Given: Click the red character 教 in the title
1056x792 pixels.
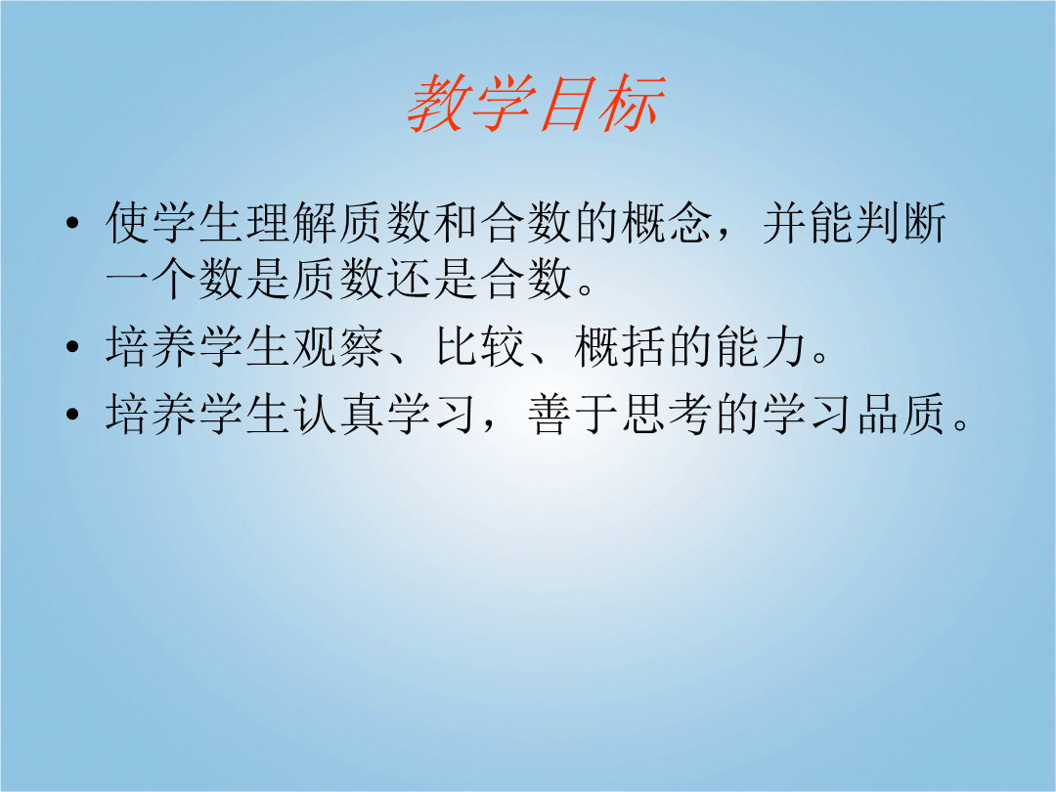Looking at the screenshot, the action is pos(438,103).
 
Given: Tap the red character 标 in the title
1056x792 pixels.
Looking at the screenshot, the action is pos(633,103).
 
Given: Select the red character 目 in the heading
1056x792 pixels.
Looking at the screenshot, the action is pos(568,103).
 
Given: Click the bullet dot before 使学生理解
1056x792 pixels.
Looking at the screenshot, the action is pos(72,223).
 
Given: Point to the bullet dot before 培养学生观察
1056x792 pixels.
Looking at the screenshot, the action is pos(72,347).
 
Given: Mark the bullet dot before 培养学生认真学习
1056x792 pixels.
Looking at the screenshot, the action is pos(72,414).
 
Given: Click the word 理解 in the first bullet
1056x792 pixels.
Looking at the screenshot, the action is pos(291,222).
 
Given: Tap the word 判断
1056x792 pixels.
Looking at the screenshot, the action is pos(902,222).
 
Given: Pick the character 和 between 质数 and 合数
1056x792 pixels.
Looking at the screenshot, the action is pos(456,222).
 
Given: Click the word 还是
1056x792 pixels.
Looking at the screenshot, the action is pos(432,279).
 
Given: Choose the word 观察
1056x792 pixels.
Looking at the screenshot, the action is pos(338,347).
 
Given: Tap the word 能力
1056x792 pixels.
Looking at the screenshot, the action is pos(761,347).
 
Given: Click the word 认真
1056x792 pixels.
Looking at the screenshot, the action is pos(338,414).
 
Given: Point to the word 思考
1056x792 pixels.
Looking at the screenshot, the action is pos(667,414).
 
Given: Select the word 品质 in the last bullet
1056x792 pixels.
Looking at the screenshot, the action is pos(902,414).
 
